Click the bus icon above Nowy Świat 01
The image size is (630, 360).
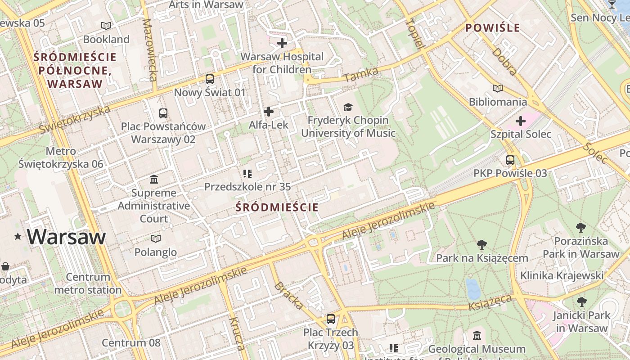point(210,79)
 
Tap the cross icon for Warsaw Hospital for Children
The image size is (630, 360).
point(282,43)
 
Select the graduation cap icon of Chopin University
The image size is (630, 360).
point(348,107)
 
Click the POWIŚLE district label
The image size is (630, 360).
point(493,28)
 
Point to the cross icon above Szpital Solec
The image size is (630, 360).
point(521,121)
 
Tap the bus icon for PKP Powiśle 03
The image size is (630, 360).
point(510,160)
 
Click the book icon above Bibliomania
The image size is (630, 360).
point(497,89)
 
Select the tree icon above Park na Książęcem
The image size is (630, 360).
point(482,245)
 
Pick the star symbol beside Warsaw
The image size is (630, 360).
point(18,237)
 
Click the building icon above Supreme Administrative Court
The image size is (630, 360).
point(154,180)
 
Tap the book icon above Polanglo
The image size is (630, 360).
point(156,238)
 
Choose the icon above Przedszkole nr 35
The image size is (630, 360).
point(247,173)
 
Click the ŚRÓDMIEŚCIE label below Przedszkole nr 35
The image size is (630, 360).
point(277,207)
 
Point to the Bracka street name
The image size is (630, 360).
point(288,296)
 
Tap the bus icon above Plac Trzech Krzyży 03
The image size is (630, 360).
point(331,319)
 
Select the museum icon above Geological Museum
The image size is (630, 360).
point(477,336)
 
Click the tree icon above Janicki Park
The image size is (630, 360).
point(581,301)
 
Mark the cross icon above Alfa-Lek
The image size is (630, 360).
point(269,112)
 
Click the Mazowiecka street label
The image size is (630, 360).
point(149,49)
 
